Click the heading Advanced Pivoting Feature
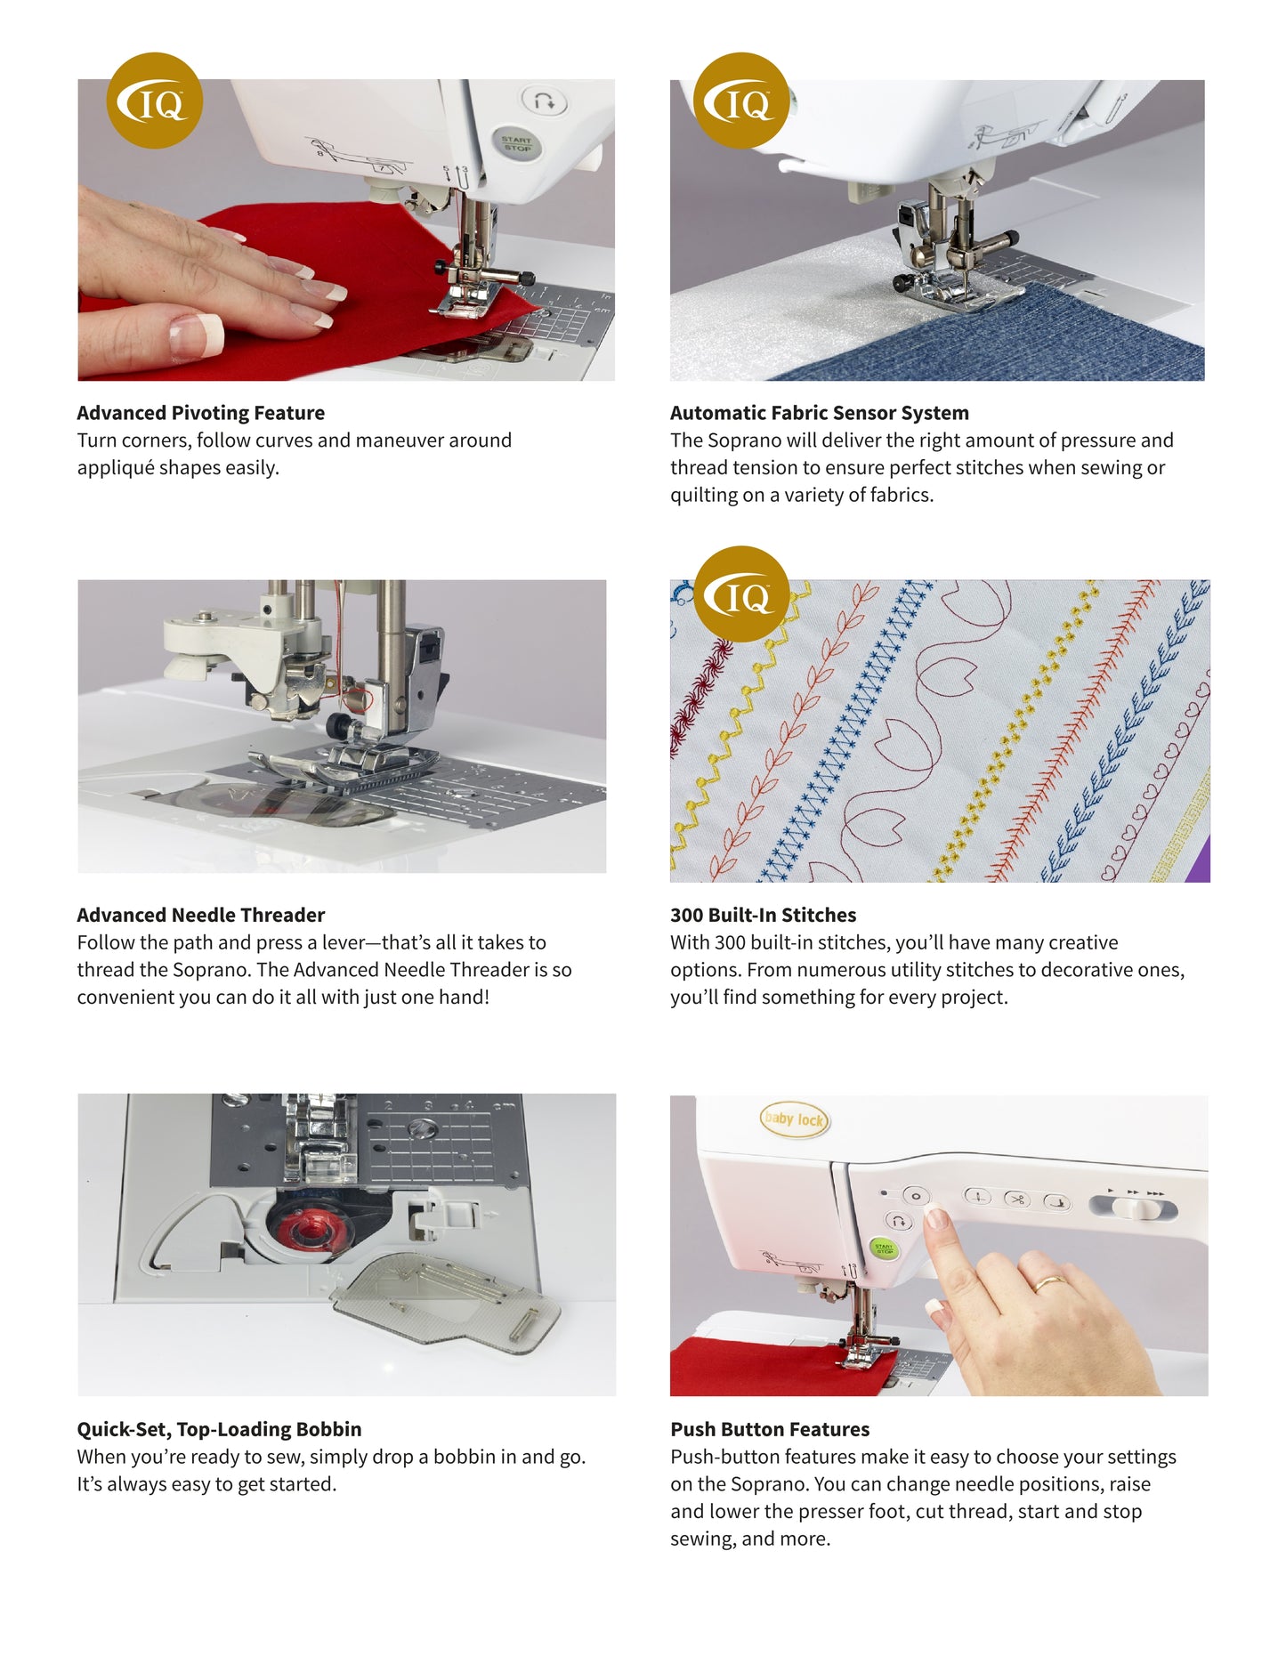coord(200,413)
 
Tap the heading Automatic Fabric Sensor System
coord(819,413)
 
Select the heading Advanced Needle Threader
coord(200,915)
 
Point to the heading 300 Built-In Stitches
coord(763,915)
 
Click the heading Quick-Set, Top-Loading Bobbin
coord(219,1429)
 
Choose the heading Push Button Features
coord(770,1429)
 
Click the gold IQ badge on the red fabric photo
coord(154,101)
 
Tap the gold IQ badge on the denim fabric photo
coord(740,101)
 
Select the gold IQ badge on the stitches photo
coord(741,594)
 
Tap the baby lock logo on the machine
coord(794,1119)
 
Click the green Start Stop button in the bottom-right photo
coord(884,1248)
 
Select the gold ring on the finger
coord(1048,1283)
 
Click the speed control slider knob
coord(1131,1208)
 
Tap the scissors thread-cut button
coord(1016,1200)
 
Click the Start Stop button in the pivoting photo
coord(516,142)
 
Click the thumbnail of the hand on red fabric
coord(346,230)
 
